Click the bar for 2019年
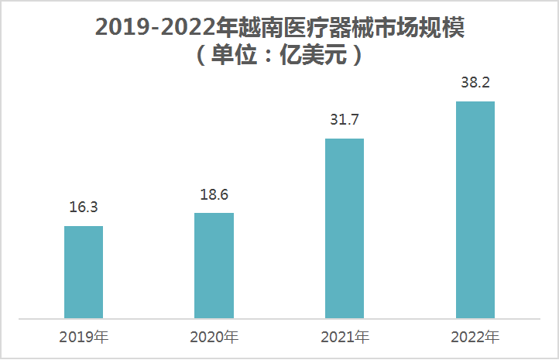pos(84,272)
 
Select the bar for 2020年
pos(214,265)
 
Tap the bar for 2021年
pos(345,228)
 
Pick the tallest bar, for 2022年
pos(475,210)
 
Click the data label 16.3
pos(83,207)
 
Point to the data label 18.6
pos(214,195)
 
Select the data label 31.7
pos(345,121)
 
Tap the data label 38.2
pos(475,83)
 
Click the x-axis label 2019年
pos(84,338)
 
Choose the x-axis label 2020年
pos(214,338)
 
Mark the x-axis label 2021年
pos(345,338)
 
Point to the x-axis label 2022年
pos(475,338)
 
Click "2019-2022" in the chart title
pos(155,28)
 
